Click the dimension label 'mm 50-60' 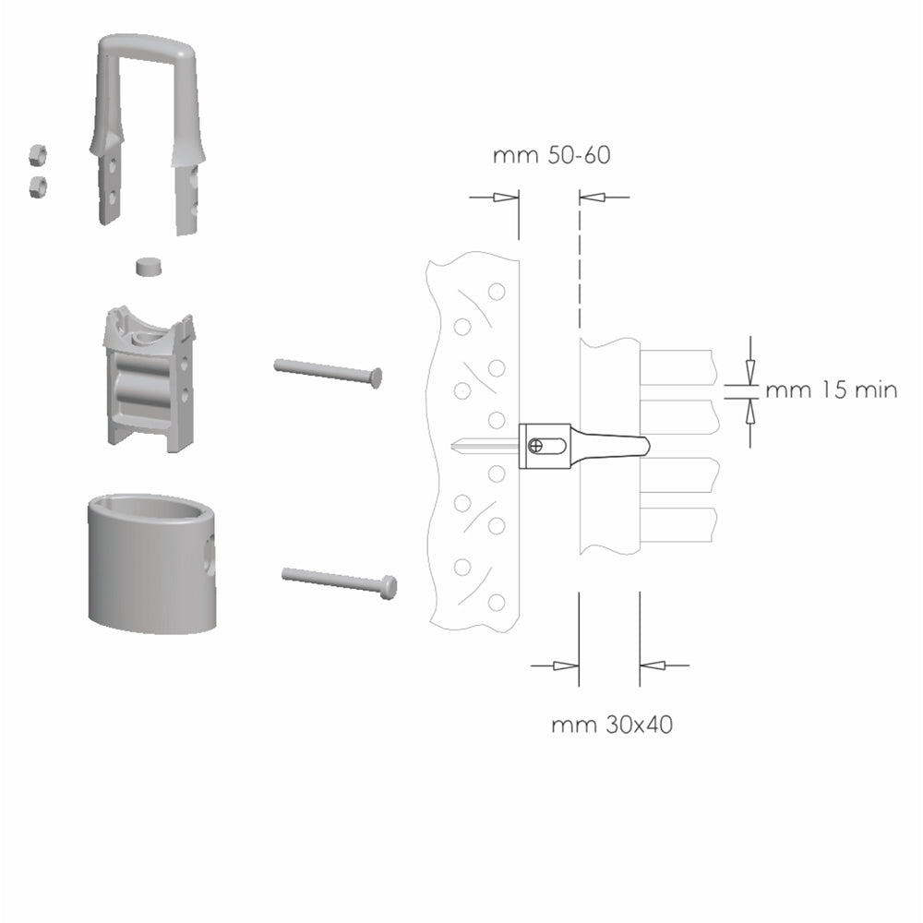(552, 155)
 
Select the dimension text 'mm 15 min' (832, 390)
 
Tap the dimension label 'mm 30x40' (612, 725)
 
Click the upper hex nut (38, 155)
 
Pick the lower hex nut (38, 186)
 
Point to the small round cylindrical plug (149, 266)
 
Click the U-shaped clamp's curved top (148, 46)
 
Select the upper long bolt (329, 373)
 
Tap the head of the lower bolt (390, 587)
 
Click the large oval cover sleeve (151, 564)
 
